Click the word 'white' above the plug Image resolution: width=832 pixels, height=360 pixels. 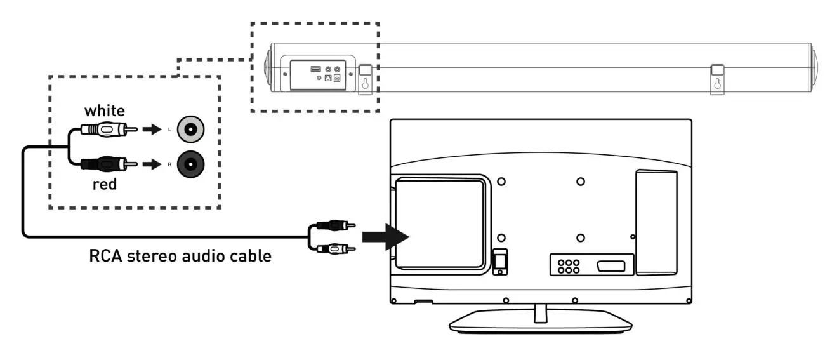pos(105,110)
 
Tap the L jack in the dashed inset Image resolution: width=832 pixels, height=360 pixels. pos(191,130)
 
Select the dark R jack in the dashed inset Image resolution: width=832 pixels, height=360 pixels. pos(191,164)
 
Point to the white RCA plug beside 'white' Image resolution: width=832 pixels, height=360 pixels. pos(109,131)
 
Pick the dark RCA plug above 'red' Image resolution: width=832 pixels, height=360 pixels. pos(109,164)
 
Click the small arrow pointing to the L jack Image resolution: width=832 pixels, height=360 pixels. pos(150,131)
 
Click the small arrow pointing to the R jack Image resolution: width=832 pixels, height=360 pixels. pos(150,164)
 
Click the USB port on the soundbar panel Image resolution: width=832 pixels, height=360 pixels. pos(315,69)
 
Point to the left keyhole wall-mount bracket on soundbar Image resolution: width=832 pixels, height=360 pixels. pos(366,79)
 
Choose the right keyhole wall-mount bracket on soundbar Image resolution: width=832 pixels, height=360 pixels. pos(717,79)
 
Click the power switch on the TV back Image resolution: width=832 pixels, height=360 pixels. pos(499,261)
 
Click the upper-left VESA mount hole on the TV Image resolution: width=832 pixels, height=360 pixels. pos(501,182)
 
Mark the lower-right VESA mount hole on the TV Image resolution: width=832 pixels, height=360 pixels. pos(581,237)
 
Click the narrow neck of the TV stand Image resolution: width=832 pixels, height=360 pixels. pos(541,311)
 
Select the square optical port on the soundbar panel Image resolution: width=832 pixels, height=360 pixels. pos(328,78)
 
